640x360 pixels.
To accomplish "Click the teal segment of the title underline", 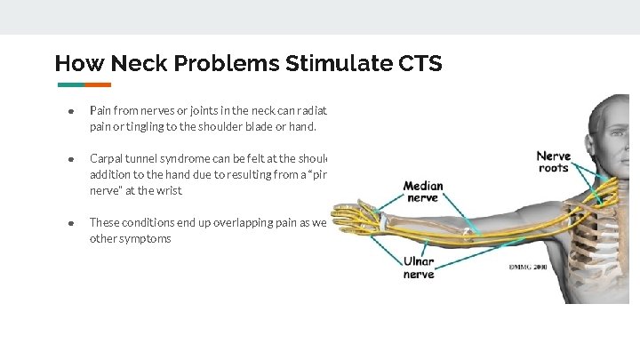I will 71,85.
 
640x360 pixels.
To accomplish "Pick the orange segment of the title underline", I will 98,85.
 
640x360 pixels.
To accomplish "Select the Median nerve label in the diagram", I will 423,191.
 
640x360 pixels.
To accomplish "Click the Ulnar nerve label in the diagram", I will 419,268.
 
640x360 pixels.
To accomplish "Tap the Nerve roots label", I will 553,162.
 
